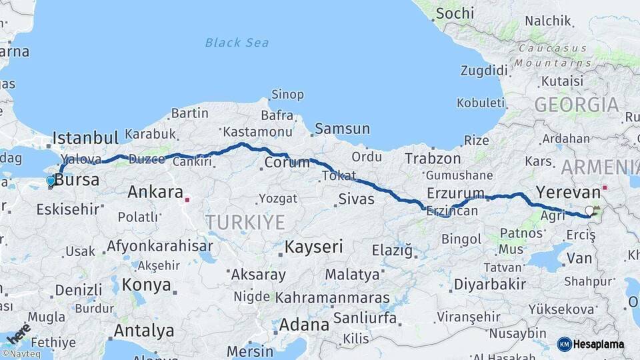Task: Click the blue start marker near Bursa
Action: point(51,181)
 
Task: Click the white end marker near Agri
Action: point(589,211)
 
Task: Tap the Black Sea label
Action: point(237,43)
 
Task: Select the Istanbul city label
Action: point(85,138)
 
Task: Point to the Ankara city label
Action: point(155,192)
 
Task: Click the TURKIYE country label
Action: point(245,222)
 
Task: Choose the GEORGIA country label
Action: point(576,105)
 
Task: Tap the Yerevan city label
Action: point(568,193)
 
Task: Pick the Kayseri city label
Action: point(313,247)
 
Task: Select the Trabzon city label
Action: point(433,159)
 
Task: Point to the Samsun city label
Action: point(342,129)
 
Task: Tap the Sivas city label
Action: point(357,198)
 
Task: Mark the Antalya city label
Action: point(143,331)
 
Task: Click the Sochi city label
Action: point(454,13)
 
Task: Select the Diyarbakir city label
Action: point(489,284)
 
